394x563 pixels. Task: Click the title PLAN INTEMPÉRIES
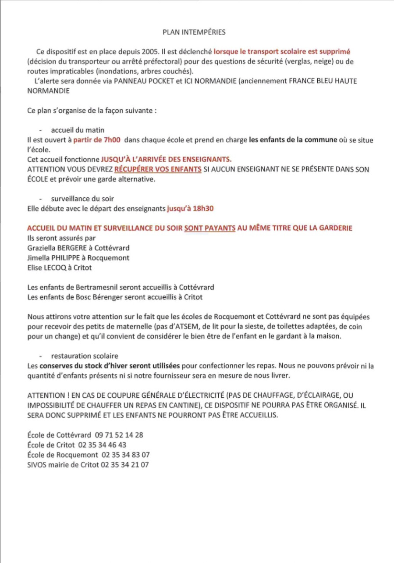[194, 32]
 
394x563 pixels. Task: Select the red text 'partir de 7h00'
[97, 140]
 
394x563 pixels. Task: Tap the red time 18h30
[202, 209]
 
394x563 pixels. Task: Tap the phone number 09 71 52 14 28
[119, 435]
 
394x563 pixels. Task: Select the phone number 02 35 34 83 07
[126, 455]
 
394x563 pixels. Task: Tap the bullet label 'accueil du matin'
[77, 130]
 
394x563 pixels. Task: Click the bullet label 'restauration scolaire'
[84, 356]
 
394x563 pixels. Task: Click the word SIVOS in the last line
[36, 465]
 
